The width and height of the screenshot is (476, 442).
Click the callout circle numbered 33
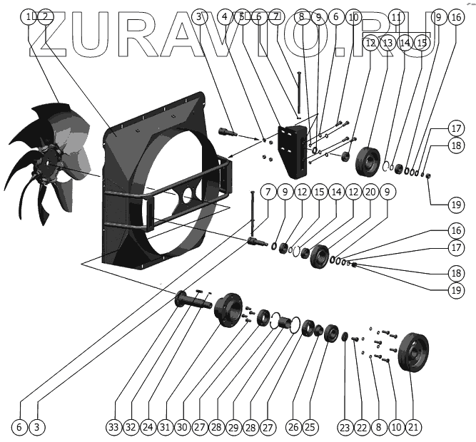[x=113, y=427]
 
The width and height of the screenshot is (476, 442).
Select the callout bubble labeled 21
[x=413, y=427]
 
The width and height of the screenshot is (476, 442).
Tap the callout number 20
[x=370, y=192]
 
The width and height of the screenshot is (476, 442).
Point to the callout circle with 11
[x=397, y=16]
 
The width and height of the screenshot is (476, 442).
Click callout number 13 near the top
[x=388, y=43]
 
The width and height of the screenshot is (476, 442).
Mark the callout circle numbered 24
[x=147, y=427]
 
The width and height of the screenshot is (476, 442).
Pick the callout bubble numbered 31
[x=165, y=427]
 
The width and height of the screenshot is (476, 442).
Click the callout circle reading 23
[x=345, y=427]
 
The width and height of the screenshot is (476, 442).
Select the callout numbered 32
[x=130, y=427]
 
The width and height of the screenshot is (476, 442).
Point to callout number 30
[x=182, y=427]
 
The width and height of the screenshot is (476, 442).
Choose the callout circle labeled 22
[x=362, y=427]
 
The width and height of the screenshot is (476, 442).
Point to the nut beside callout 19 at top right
[x=427, y=177]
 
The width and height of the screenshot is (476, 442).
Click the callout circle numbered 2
[x=45, y=16]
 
